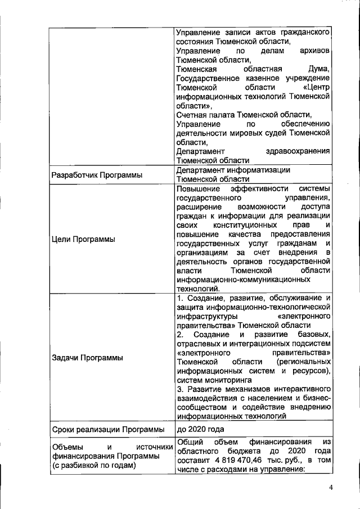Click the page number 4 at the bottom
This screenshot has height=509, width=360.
pos(331,488)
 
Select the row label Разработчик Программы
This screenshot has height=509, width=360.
pos(97,175)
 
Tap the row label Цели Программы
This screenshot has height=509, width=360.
pos(83,239)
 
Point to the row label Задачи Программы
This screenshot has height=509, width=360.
pos(87,357)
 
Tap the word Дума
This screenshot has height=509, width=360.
pos(317,69)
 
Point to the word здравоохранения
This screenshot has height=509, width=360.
pos(297,151)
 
